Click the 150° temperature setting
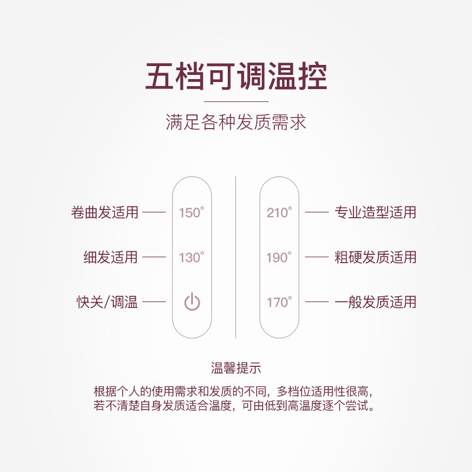(191, 212)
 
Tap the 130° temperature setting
(191, 257)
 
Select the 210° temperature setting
(279, 212)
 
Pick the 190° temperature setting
(279, 257)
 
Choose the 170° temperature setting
(279, 302)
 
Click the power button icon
(192, 302)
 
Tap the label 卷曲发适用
(104, 212)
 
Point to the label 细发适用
(110, 257)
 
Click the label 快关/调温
(107, 302)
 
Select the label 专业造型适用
(375, 212)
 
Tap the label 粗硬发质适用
(375, 257)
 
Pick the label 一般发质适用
(375, 302)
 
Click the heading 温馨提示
(236, 368)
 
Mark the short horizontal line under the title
(236, 101)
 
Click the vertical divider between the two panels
(236, 257)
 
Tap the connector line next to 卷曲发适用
(155, 212)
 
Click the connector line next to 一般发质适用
(316, 302)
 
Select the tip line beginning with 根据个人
(235, 391)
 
